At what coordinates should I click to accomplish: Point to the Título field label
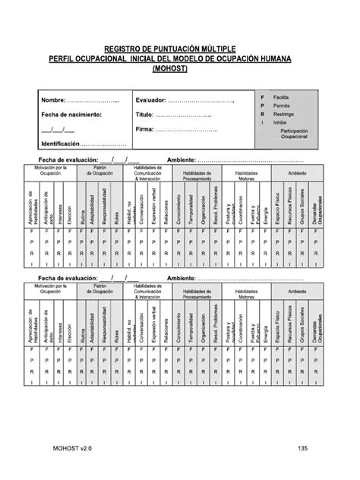coord(144,115)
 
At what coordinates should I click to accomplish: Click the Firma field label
coord(144,129)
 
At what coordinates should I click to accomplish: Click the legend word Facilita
coord(282,98)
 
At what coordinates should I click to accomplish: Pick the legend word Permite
coord(281,106)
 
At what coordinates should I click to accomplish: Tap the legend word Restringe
coord(283,114)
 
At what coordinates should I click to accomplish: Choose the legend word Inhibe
coord(279,122)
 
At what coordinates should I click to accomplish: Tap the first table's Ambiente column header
coord(297,172)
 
